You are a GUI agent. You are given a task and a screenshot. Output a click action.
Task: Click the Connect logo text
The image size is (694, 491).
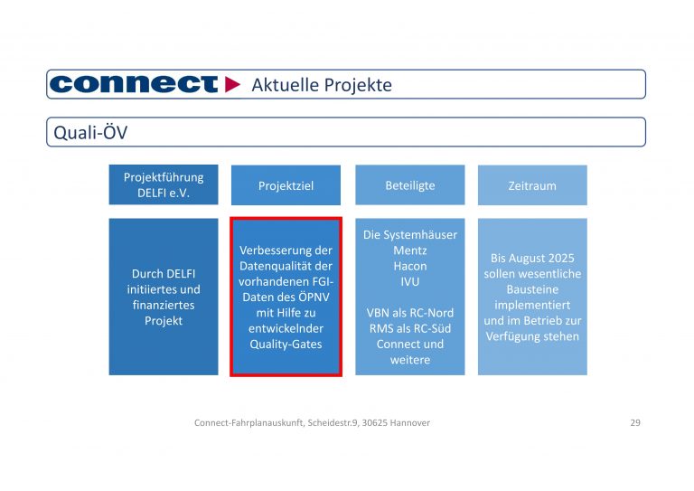[x=134, y=84]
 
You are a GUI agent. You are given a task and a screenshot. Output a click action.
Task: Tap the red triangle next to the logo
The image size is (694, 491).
[x=233, y=84]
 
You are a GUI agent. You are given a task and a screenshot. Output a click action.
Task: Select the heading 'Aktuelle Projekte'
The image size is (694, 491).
[x=321, y=85]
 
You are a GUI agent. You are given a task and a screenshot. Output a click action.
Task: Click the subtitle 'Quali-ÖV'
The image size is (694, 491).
[x=89, y=133]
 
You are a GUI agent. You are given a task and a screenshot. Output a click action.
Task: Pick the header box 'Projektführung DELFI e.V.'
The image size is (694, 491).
[x=164, y=185]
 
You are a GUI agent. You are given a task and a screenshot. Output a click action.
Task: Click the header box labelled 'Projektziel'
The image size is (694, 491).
[x=286, y=185]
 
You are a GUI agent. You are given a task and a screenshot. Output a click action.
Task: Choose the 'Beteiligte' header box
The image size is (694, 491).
[x=409, y=185]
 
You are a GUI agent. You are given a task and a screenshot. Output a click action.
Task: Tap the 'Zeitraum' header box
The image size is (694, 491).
[x=531, y=185]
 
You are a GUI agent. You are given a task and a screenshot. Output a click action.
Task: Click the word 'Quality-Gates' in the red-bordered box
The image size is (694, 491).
[x=286, y=344]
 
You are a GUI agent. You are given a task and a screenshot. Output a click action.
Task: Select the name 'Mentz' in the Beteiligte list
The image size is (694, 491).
[x=409, y=250]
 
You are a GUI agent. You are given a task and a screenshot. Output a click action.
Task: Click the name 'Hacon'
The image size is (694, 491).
[x=409, y=266]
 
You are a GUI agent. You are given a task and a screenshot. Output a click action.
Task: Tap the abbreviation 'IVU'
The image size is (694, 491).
[x=409, y=281]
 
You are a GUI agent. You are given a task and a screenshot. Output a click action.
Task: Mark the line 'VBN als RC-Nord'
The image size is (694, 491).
[x=409, y=313]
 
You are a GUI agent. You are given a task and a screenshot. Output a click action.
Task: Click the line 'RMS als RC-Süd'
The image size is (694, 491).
[x=409, y=328]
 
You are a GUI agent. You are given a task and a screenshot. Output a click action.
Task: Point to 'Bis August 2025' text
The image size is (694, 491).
[x=531, y=258]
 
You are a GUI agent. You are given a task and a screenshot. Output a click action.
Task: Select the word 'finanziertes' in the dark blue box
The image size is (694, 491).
[x=164, y=305]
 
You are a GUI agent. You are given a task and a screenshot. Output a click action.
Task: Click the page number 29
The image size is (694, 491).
[x=634, y=422]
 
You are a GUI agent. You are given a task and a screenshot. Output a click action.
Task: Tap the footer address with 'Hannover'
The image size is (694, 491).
[x=312, y=422]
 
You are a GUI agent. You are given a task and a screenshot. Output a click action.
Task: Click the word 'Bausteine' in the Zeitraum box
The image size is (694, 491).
[x=531, y=289]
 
